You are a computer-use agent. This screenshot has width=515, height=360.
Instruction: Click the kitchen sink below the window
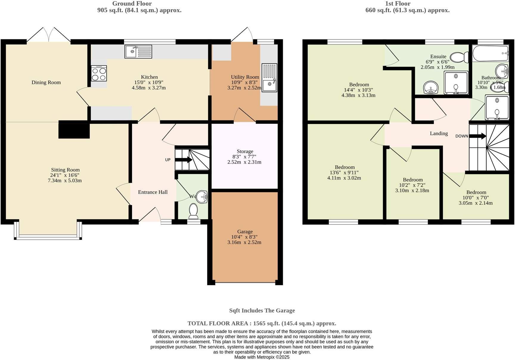[138, 52]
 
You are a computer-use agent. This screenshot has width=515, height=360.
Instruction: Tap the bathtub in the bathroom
[490, 54]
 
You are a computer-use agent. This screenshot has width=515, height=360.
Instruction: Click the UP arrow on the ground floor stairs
[184, 160]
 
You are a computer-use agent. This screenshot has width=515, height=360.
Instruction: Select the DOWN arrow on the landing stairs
[478, 136]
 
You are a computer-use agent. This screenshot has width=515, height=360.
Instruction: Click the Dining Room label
[46, 83]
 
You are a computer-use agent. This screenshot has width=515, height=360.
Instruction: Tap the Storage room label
[245, 151]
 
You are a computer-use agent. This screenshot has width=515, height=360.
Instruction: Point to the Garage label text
[245, 232]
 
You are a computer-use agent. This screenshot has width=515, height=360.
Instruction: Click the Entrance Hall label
[153, 192]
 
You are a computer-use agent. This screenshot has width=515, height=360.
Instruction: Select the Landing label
[439, 134]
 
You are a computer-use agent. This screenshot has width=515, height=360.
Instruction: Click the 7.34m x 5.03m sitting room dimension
[65, 181]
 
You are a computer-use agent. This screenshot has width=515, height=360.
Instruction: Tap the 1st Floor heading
[398, 4]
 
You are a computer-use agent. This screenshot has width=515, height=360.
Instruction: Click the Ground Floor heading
[132, 4]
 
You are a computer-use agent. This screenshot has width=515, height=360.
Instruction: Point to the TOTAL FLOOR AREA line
[262, 323]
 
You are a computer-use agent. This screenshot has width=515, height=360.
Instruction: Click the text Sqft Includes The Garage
[262, 311]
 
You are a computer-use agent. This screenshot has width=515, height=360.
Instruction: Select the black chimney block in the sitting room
[74, 130]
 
